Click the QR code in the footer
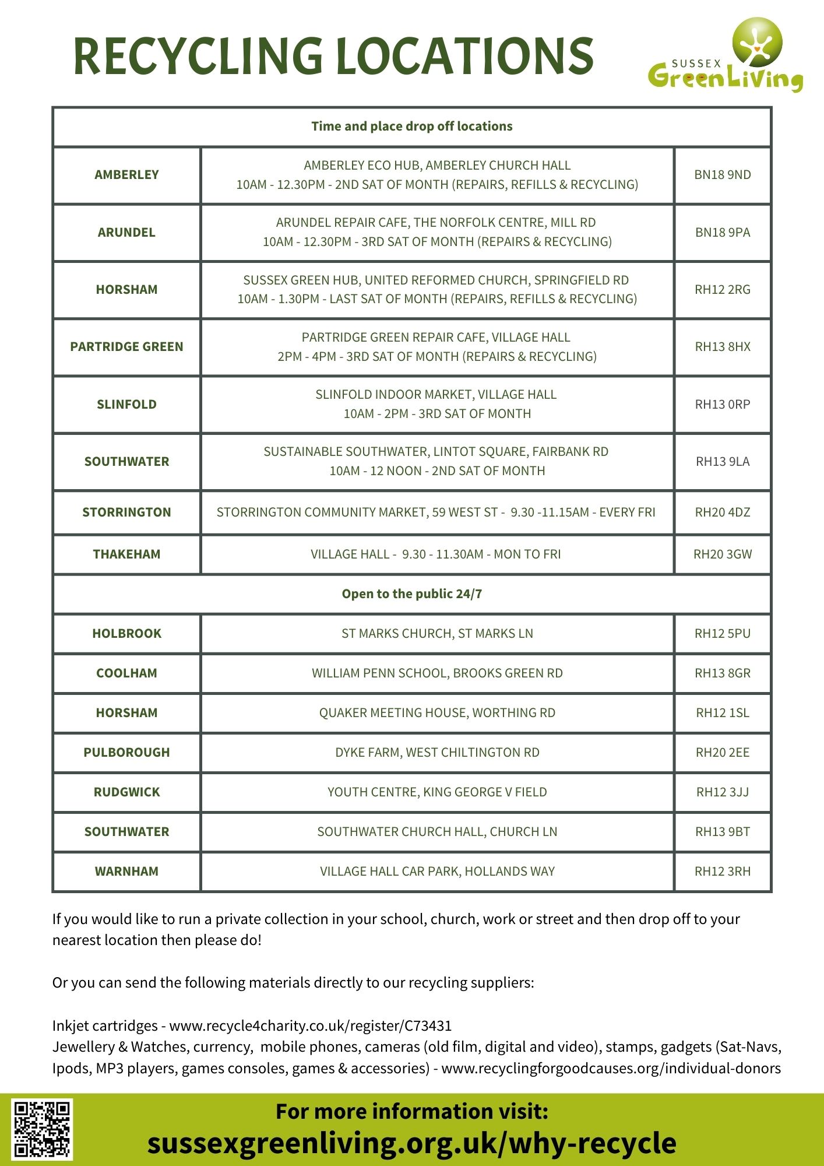pos(43,1129)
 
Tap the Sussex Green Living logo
pos(726,55)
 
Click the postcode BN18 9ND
pos(723,175)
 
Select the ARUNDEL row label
pos(126,233)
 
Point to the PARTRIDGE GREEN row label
pos(126,347)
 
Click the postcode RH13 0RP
pos(723,405)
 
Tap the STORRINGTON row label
pos(126,512)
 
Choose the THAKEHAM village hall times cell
pos(436,554)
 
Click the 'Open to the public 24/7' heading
pos(411,594)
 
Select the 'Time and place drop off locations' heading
pos(411,127)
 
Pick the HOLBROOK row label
pos(126,634)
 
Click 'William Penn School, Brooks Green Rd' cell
pos(437,673)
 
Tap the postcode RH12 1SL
pos(723,713)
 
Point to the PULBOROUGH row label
pos(126,753)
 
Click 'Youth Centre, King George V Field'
pos(437,792)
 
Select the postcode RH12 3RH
pos(723,872)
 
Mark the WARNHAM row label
pos(126,872)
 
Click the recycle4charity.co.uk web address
pos(310,1025)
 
